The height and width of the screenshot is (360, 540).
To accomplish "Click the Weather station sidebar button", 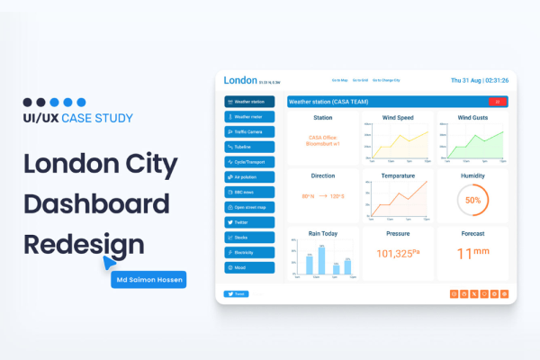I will (250, 102).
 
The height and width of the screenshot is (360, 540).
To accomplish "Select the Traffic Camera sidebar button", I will (250, 131).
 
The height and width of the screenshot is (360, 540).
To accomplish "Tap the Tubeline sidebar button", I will (250, 147).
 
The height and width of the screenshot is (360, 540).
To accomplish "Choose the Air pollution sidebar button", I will (250, 177).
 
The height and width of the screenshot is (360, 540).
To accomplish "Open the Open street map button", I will (250, 207).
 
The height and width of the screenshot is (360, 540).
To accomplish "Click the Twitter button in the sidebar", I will (250, 222).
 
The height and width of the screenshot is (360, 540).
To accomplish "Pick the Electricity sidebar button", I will (250, 253).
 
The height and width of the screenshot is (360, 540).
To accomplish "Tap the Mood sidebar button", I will (250, 268).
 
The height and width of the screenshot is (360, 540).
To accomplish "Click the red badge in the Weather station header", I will (498, 102).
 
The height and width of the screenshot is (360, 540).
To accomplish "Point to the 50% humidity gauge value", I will (472, 199).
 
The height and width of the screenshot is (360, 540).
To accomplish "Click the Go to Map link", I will (339, 81).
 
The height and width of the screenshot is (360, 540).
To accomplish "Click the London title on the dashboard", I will (240, 80).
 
